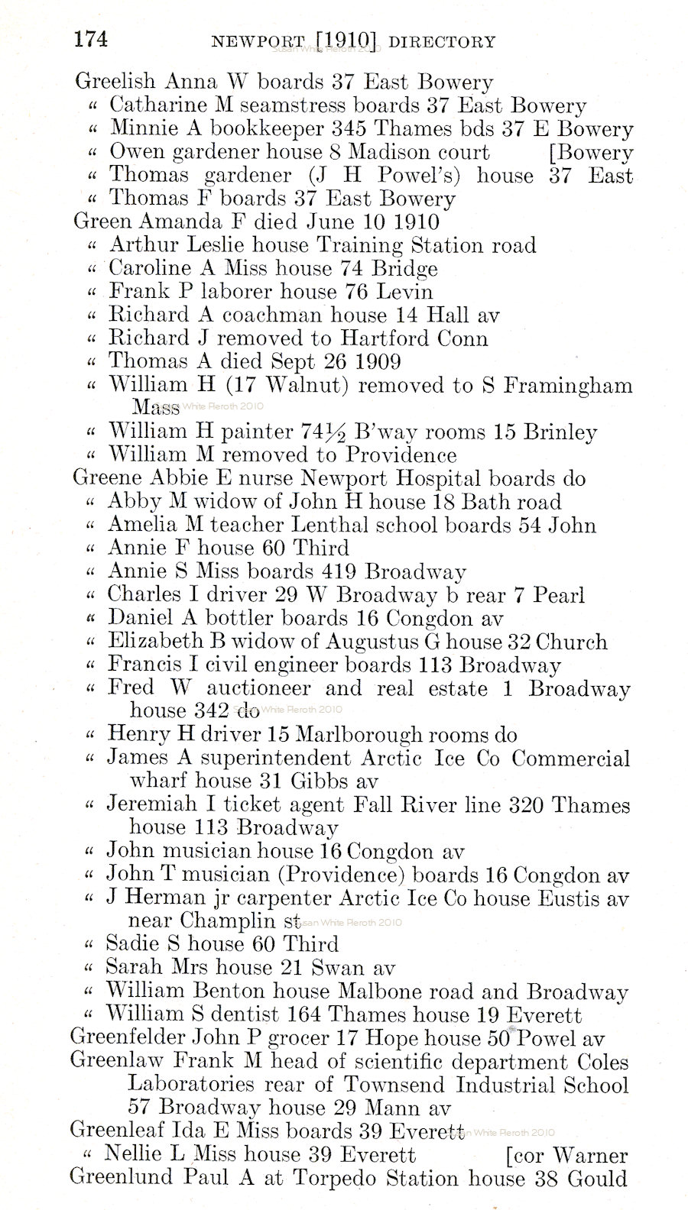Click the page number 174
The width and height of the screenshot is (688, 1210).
pyautogui.click(x=90, y=40)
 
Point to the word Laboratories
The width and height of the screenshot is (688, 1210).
pyautogui.click(x=191, y=1085)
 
